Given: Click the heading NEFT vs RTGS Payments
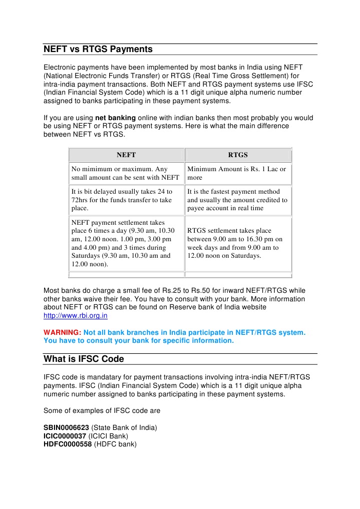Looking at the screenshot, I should coord(98,49).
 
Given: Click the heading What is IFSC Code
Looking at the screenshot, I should coord(84,359).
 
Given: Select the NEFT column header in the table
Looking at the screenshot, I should coord(126,155).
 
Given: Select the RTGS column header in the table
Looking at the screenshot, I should coord(238,155).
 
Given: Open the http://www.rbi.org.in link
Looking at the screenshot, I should coord(76,316).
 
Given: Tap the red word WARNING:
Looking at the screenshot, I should coord(63,332).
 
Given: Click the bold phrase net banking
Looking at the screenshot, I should coord(115,118).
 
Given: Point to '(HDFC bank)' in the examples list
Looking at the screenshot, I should coord(115,444).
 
